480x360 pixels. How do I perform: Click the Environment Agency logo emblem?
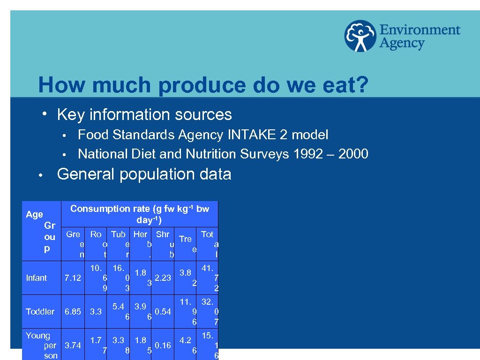[360, 36]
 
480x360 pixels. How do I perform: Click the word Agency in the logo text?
[402, 44]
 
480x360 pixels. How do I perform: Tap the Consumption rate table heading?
[140, 214]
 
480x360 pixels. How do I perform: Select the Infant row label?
[36, 278]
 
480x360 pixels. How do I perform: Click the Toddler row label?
[40, 312]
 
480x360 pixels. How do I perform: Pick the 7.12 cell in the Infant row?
[73, 278]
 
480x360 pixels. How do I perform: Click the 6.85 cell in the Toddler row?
[73, 312]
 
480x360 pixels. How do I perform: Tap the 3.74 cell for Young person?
[73, 345]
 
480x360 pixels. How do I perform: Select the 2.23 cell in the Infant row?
[163, 278]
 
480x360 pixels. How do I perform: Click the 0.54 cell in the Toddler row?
[163, 312]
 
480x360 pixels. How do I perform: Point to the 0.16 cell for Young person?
[163, 345]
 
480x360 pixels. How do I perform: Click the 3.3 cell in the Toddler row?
[96, 312]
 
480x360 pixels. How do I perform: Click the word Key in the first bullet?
[68, 114]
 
